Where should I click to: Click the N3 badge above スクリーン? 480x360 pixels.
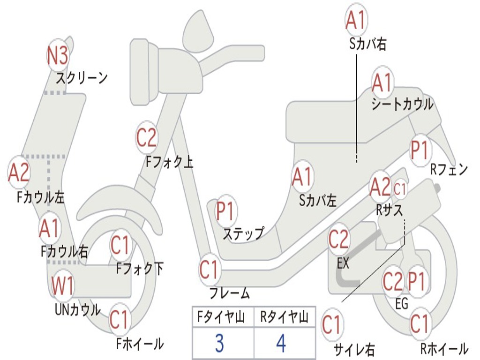tap(58, 56)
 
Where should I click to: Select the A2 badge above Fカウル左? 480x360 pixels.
tap(19, 173)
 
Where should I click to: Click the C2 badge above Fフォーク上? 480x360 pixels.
tap(147, 137)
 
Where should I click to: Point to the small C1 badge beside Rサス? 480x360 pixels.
tap(400, 189)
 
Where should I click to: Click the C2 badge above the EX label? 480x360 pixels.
tap(338, 240)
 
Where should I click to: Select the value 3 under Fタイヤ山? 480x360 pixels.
tap(219, 343)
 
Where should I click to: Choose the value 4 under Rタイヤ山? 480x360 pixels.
tap(281, 343)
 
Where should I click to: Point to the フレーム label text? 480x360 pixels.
tap(229, 294)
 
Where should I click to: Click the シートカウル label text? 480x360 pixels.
tap(402, 105)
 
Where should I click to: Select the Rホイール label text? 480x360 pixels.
tap(443, 349)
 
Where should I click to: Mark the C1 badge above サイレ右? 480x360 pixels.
tap(332, 324)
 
